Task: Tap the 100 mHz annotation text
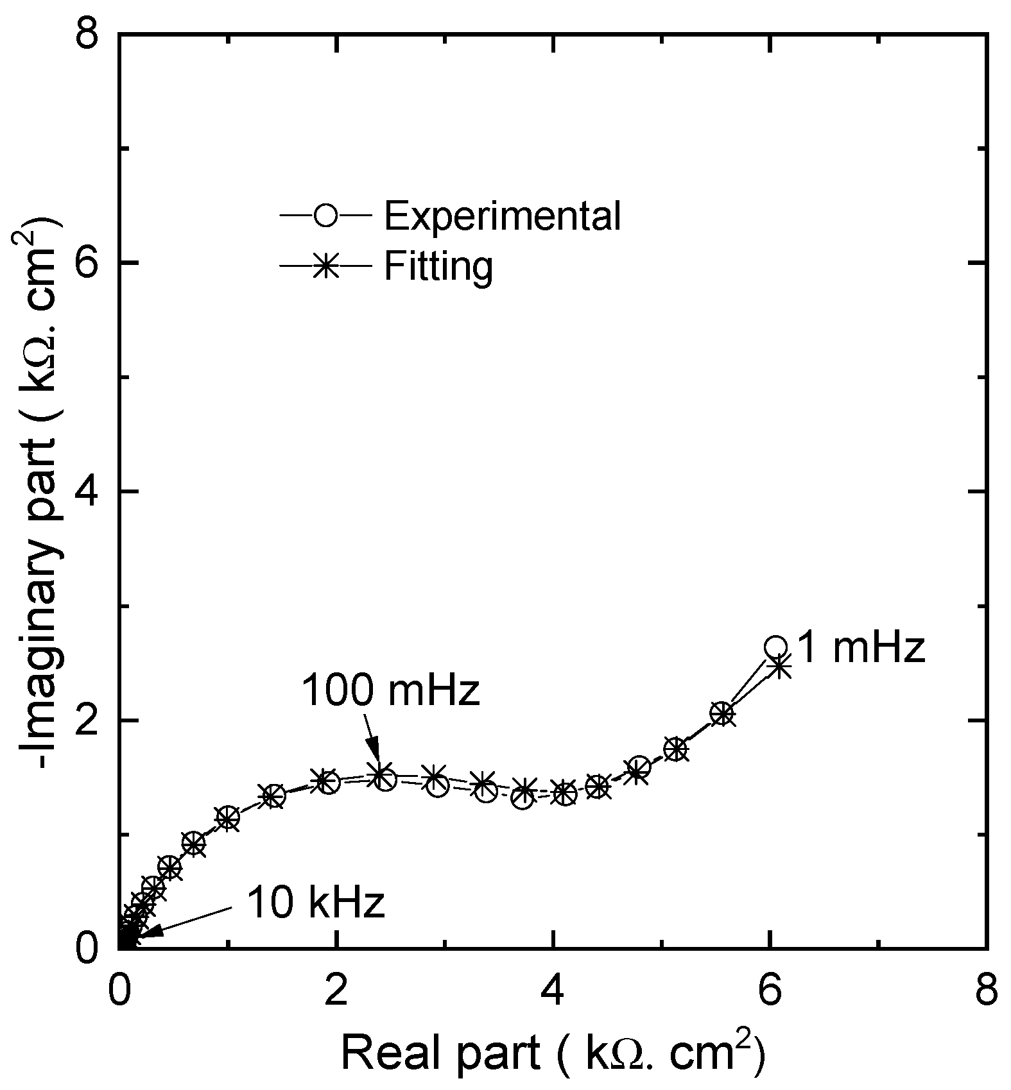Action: click(390, 692)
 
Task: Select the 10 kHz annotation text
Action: click(315, 903)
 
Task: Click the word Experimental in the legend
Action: click(502, 216)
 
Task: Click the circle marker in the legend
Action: click(326, 215)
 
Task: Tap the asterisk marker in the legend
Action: click(326, 265)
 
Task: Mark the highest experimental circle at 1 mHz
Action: click(775, 647)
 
